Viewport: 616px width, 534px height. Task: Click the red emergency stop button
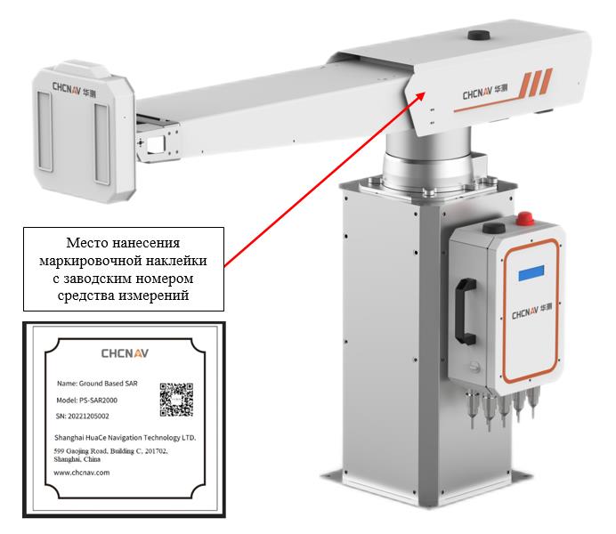[525, 217]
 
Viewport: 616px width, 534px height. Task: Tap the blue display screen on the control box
[531, 273]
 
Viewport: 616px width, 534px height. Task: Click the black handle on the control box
[466, 311]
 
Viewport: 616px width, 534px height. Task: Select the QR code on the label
[176, 400]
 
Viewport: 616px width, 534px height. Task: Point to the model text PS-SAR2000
[98, 400]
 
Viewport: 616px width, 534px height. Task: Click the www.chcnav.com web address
[82, 473]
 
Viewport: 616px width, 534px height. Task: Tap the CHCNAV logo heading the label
[125, 353]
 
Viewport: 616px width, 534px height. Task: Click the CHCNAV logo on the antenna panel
[75, 89]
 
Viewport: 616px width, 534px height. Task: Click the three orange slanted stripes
[536, 83]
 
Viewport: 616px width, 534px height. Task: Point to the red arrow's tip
[426, 93]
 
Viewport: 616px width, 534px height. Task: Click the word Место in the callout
[87, 243]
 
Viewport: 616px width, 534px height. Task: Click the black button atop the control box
[494, 228]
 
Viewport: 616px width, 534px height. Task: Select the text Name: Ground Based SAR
[97, 384]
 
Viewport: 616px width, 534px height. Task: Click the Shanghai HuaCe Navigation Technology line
[125, 437]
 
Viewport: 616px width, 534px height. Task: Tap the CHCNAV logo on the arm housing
[485, 93]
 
